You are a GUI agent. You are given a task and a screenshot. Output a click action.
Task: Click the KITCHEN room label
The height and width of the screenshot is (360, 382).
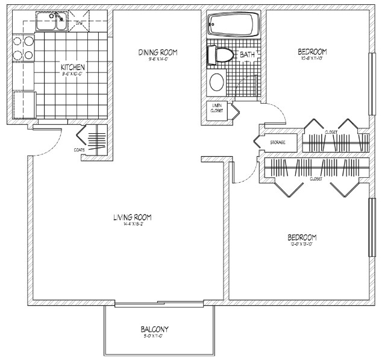tap(72, 66)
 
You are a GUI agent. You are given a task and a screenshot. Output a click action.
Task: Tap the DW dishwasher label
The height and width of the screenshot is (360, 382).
tap(79, 23)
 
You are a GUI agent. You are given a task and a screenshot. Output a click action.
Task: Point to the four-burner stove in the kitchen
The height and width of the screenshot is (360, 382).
tap(22, 48)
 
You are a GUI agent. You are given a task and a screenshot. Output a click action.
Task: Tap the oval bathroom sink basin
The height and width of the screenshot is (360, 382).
tap(215, 82)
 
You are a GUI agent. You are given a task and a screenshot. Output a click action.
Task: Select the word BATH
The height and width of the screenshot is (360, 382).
tap(247, 55)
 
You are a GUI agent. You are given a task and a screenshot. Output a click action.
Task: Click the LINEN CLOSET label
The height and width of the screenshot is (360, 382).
tap(216, 108)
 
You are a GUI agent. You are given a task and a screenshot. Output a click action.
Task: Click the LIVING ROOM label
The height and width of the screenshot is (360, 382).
tap(131, 217)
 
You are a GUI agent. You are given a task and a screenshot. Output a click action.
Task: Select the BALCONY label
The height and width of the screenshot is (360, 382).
tap(154, 329)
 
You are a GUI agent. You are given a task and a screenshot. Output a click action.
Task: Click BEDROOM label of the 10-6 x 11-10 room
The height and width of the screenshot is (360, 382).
tap(312, 51)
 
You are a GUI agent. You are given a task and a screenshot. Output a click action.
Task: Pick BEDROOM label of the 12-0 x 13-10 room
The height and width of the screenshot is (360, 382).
tap(302, 237)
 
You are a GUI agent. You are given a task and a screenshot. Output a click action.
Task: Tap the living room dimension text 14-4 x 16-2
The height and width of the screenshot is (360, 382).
tap(131, 224)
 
